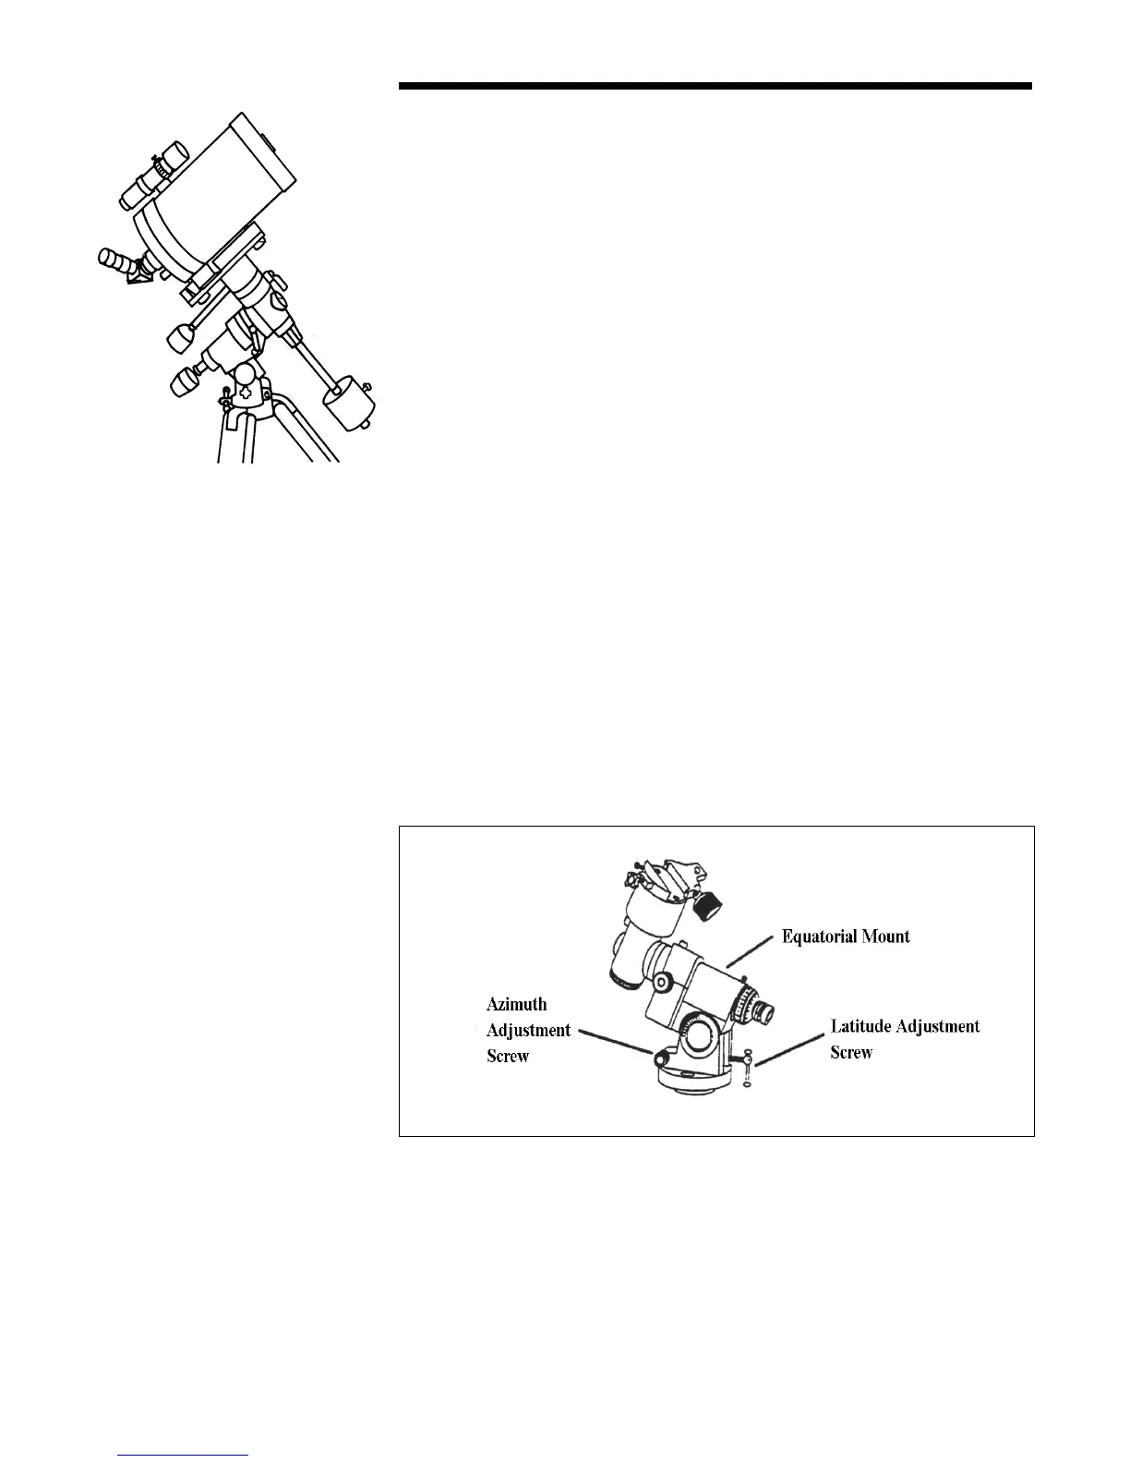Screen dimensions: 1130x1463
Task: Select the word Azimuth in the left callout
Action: pos(516,1005)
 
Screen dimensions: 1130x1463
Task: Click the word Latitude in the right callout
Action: pos(863,1026)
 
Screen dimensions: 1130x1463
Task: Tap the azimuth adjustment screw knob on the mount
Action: pos(660,1057)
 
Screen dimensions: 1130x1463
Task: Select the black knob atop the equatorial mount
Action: pos(708,905)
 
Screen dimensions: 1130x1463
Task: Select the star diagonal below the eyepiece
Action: pos(141,273)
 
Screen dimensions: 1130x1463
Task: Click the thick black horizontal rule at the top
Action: pos(715,87)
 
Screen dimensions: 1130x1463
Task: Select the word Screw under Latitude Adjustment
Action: pos(851,1052)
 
